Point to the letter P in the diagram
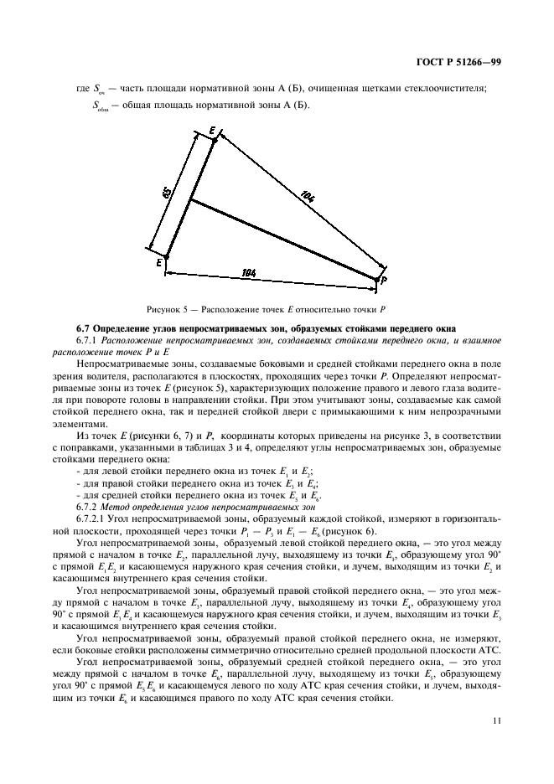[384, 281]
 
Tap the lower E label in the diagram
[158, 263]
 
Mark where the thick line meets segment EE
[190, 199]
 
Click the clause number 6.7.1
[89, 339]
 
